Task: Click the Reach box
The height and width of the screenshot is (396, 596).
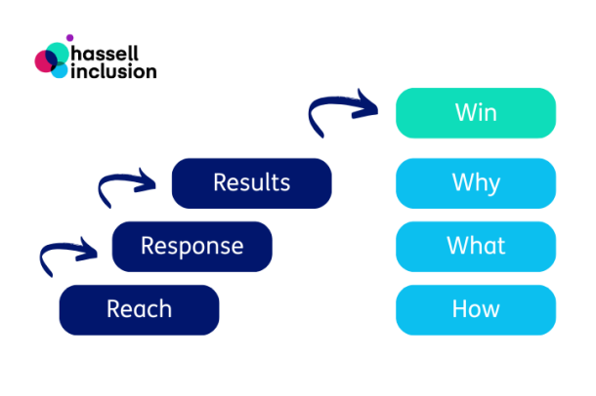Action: (139, 310)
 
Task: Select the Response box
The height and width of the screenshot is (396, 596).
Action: (192, 246)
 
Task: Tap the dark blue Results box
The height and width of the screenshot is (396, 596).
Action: (251, 183)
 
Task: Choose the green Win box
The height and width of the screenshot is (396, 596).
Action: (475, 113)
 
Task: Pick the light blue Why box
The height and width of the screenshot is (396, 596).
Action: (475, 183)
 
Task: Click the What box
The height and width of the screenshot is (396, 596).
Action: (475, 246)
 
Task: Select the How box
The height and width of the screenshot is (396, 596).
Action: (475, 310)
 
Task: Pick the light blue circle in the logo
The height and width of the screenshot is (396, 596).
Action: (60, 70)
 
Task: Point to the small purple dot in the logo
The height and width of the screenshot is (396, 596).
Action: (69, 38)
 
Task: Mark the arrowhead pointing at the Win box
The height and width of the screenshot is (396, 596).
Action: (370, 101)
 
